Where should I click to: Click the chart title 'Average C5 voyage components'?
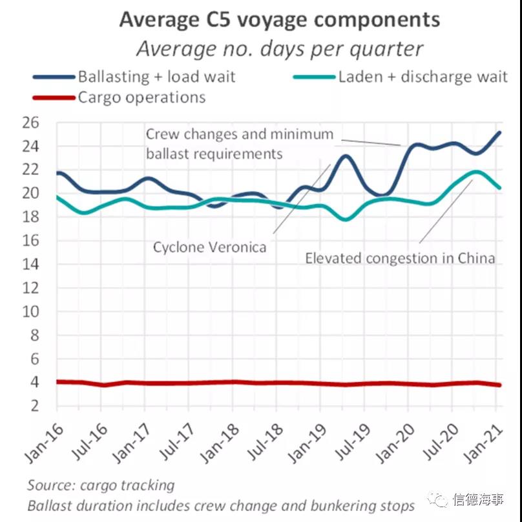coord(279,19)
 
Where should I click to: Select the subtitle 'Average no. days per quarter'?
coord(279,49)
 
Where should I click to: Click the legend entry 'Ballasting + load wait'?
coord(156,77)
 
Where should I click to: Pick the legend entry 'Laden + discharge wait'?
coord(423,77)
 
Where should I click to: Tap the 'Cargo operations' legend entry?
coord(141,98)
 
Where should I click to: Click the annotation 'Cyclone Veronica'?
coord(209,247)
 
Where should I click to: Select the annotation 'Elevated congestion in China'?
coord(400,258)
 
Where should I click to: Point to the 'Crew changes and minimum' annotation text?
coord(239,135)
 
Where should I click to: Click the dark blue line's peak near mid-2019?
coord(346,156)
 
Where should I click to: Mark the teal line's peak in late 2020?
coord(476,172)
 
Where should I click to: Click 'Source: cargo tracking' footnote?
coord(101,485)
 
